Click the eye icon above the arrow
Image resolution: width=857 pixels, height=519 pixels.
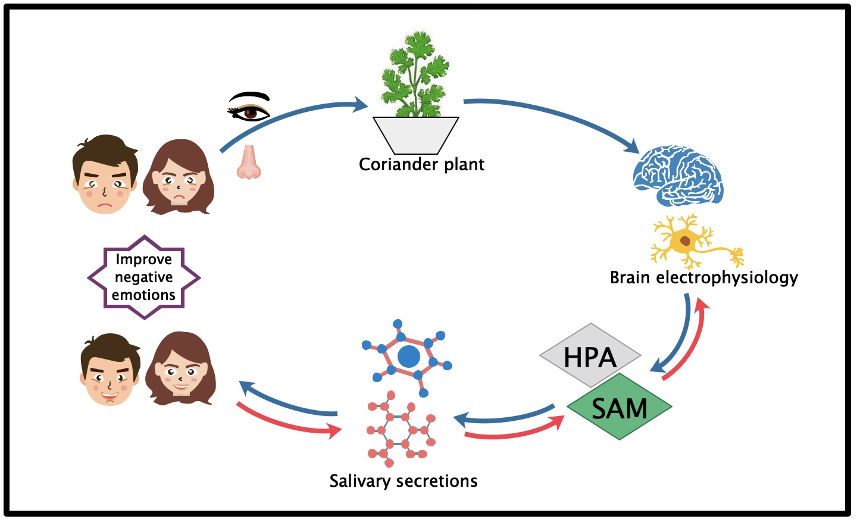[x=250, y=108]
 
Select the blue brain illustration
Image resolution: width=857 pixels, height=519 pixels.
[x=677, y=175]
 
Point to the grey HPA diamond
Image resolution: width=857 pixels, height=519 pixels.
[x=590, y=357]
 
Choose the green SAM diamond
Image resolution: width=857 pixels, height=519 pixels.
[x=619, y=408]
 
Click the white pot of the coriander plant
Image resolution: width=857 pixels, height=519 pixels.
[x=415, y=135]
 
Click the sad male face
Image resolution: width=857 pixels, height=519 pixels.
[x=104, y=175]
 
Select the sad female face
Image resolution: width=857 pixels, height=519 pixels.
[x=179, y=177]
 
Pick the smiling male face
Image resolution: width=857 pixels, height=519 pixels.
[x=110, y=370]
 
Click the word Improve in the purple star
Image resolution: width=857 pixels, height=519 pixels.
[x=143, y=259]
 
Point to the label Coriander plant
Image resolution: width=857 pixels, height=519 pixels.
[x=421, y=164]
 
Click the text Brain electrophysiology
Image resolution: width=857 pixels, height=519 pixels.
[x=703, y=277]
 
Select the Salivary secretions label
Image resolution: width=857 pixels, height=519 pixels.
[x=404, y=481]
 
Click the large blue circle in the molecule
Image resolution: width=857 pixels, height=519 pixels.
[x=408, y=357]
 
